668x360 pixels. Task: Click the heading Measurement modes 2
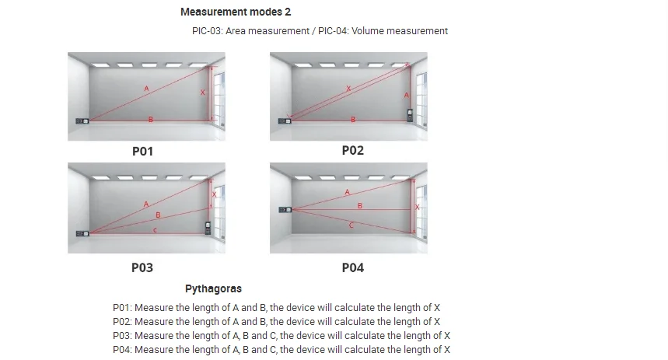coord(236,12)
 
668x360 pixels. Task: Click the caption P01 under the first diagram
coord(142,152)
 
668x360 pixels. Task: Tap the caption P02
coord(352,150)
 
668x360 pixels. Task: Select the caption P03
coord(142,267)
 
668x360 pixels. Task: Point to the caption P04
coord(352,267)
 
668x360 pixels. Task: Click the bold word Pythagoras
coord(213,288)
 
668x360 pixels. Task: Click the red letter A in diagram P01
coord(146,89)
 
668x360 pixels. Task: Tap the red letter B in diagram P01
coord(150,118)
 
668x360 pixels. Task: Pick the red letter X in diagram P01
coord(203,93)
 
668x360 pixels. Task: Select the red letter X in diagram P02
coord(348,89)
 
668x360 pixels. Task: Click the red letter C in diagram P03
coord(155,230)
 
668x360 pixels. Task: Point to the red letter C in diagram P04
coord(351,225)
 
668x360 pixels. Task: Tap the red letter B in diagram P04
coord(359,205)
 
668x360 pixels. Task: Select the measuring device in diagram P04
coord(285,209)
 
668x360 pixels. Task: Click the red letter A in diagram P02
coord(407,95)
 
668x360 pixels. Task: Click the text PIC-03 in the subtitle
coord(206,31)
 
